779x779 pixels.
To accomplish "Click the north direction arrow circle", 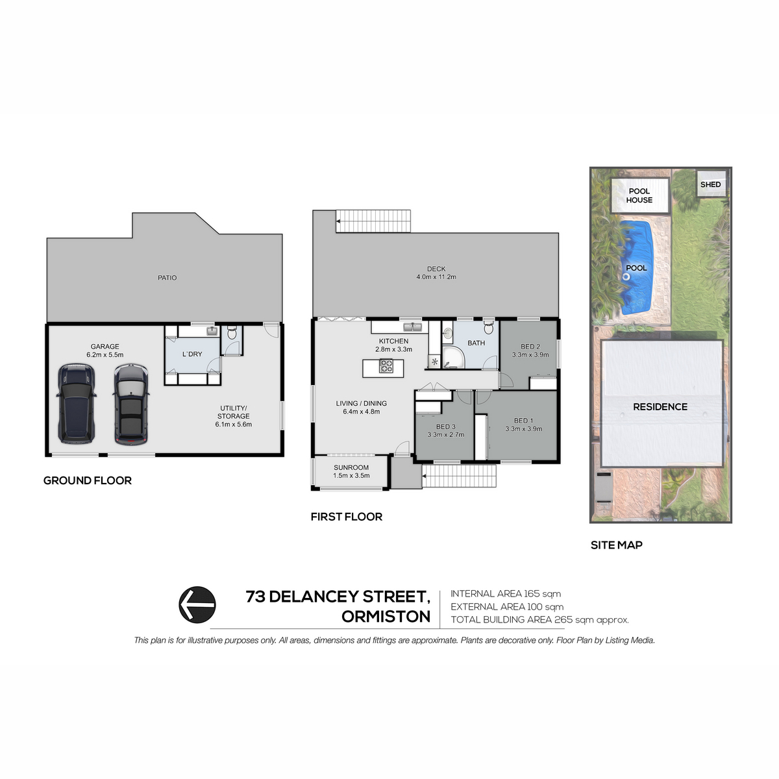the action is pos(197,604).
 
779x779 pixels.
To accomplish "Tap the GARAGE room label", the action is pos(105,347).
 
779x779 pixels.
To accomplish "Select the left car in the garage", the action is pos(77,403).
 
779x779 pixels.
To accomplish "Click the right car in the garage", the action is pos(131,404).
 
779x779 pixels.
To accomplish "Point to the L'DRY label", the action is pos(192,354).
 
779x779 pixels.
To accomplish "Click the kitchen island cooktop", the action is pos(386,366).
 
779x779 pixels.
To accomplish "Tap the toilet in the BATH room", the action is pos(488,327).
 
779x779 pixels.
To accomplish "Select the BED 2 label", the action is pos(530,347).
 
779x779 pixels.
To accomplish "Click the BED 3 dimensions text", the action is pos(445,435).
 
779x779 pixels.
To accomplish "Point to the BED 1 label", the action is pos(523,421).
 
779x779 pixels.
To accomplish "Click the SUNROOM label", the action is pos(351,467).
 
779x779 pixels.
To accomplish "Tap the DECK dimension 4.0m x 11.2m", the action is pos(436,277).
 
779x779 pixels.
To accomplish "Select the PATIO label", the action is pos(167,278).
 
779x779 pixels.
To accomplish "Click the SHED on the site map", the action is pos(710,184).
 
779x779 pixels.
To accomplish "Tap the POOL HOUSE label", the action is pos(639,195).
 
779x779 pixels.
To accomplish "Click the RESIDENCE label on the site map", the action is pos(660,406).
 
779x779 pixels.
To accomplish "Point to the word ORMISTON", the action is pos(386,617).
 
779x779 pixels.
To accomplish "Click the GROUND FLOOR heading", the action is pos(88,480).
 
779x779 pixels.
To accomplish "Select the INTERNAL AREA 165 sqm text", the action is pos(506,593).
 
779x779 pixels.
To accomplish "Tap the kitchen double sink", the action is pos(412,327).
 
